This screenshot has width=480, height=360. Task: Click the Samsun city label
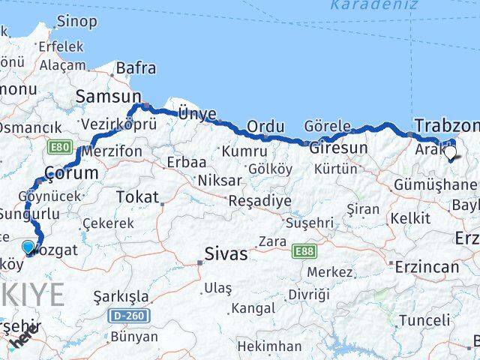[x=108, y=96]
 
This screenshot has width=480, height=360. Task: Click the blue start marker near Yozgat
[x=28, y=247]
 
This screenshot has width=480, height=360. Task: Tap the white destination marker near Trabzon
[x=450, y=154]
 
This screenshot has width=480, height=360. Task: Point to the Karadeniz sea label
[x=364, y=7]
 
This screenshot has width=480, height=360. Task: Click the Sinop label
[x=76, y=22]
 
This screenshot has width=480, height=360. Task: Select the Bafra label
[x=136, y=69]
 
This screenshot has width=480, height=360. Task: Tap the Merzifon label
[x=112, y=151]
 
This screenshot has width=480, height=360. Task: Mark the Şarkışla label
[x=121, y=297]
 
